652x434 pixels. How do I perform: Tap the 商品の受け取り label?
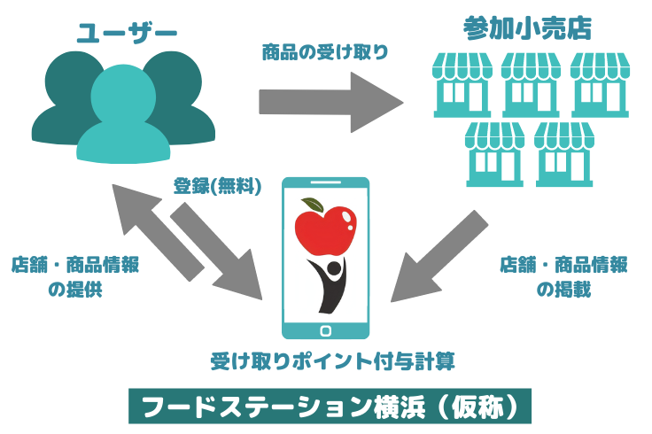(x=325, y=52)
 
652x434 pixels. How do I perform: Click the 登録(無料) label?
(x=218, y=187)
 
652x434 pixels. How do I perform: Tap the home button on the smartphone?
(x=325, y=330)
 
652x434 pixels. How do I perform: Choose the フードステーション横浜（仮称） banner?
(x=329, y=407)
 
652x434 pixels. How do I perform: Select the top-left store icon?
(x=461, y=85)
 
